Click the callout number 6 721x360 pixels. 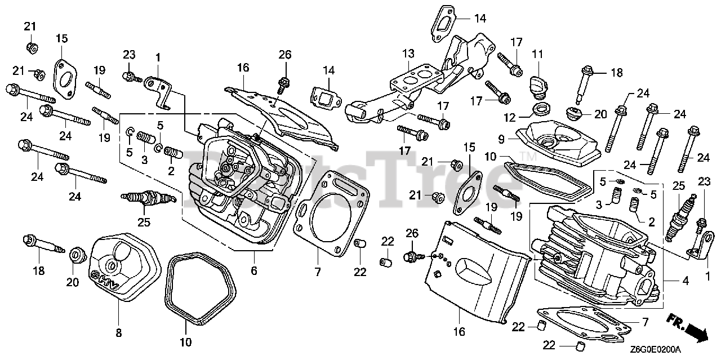tap(254, 271)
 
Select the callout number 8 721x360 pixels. tap(118, 332)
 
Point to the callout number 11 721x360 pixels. tap(537, 54)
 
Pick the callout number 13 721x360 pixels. tap(408, 54)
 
